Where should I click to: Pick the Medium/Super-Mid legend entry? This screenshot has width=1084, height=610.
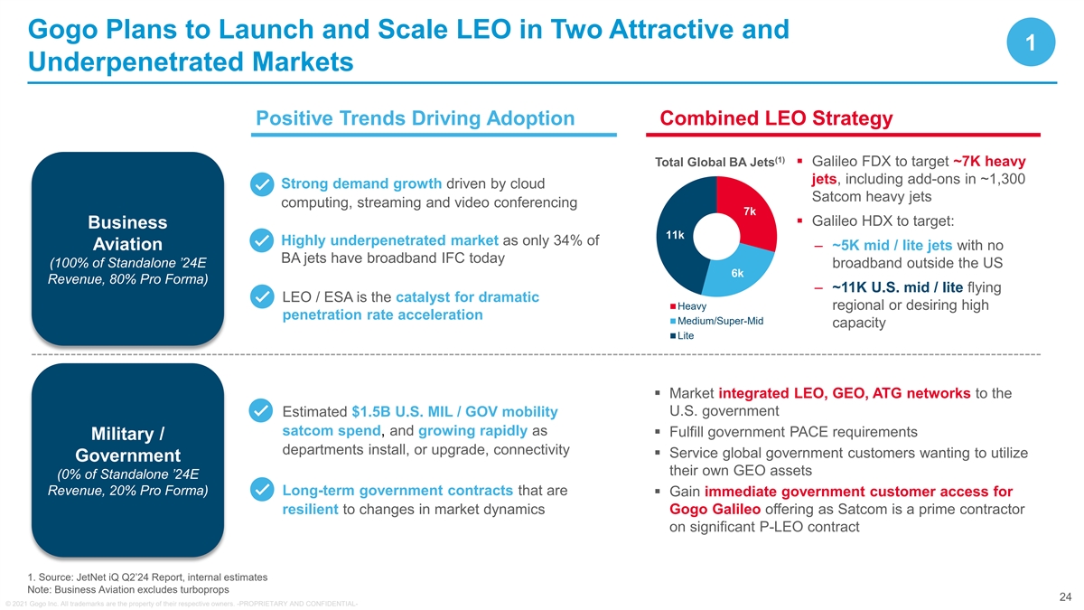pos(718,321)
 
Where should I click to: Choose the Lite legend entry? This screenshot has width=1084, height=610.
pos(684,335)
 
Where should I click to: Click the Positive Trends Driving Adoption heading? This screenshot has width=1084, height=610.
pos(416,118)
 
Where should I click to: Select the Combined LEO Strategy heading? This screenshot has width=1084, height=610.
pos(777,118)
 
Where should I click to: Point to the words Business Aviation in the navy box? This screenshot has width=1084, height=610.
pos(127,233)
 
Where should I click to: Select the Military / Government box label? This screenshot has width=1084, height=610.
pos(127,442)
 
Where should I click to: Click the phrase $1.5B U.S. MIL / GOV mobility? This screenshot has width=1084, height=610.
pos(454,411)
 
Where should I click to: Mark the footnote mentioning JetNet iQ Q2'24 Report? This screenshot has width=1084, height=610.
pos(148,577)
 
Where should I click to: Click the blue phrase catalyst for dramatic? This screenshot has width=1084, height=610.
pos(467,297)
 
